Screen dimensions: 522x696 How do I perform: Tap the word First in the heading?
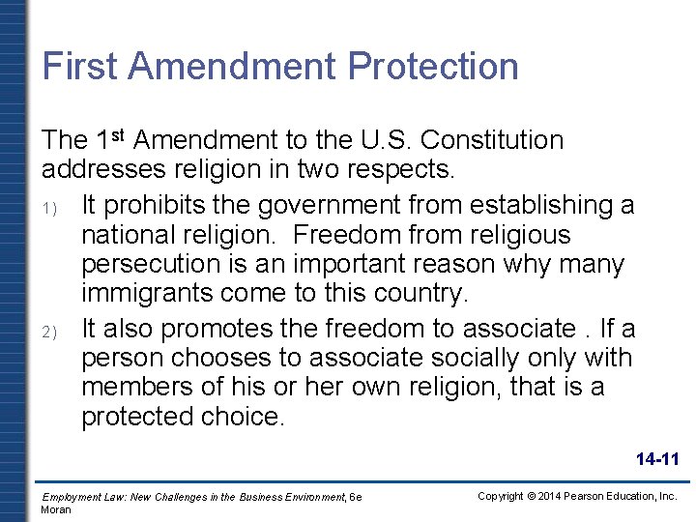click(79, 67)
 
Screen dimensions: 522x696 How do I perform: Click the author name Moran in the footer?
click(56, 509)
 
